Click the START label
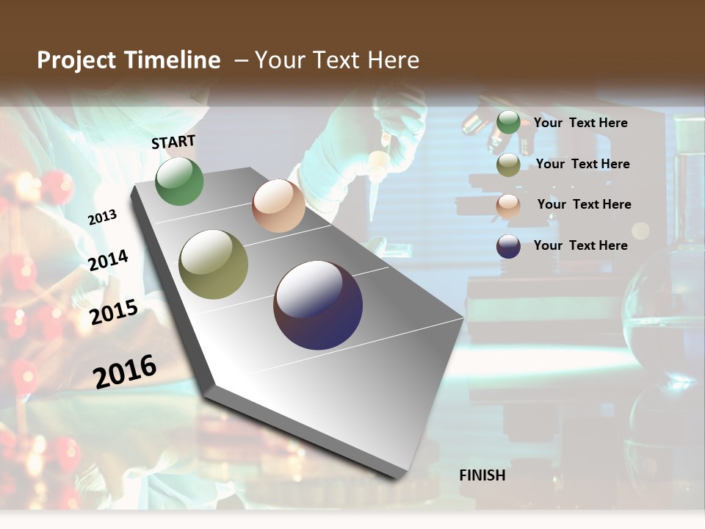tap(173, 142)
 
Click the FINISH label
tap(482, 475)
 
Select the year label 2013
tap(103, 217)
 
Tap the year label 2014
tap(109, 260)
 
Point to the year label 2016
tap(125, 371)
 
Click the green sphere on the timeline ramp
tap(179, 181)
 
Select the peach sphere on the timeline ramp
tap(278, 206)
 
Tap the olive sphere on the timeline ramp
tap(213, 264)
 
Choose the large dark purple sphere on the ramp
tap(318, 305)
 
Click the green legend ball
tap(507, 123)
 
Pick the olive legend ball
tap(507, 165)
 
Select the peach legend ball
tap(507, 206)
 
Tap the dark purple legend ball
tap(507, 246)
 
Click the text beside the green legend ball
tap(580, 123)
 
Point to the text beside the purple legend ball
tap(580, 245)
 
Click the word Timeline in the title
tap(173, 60)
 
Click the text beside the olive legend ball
tap(582, 164)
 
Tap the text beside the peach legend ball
tap(584, 204)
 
